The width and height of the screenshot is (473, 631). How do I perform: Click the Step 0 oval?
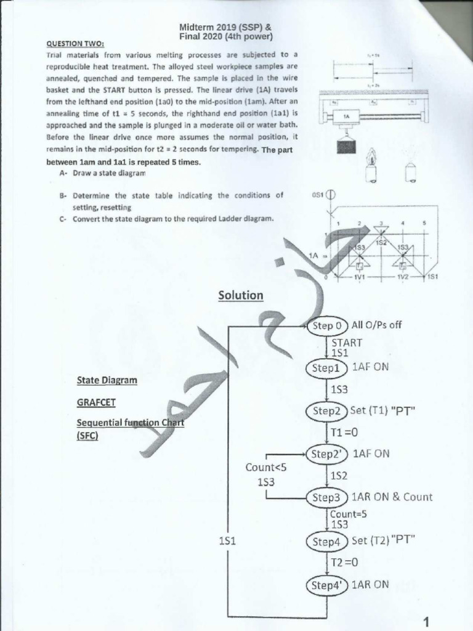coord(327,326)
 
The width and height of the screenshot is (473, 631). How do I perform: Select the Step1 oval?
coord(326,367)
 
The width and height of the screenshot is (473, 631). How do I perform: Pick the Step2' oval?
coord(327,454)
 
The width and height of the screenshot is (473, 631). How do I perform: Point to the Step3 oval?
coord(326,497)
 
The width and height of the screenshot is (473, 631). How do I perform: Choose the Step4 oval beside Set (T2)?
coord(326,542)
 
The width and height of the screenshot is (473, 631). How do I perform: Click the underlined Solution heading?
coord(240,296)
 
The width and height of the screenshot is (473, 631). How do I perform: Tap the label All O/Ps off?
coord(376,325)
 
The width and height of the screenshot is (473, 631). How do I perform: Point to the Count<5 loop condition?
coord(266,468)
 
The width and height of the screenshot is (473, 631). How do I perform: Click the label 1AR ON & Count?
coord(392,497)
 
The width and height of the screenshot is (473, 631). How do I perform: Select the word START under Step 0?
coord(347,343)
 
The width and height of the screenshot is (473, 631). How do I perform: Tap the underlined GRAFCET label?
coord(96,402)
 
